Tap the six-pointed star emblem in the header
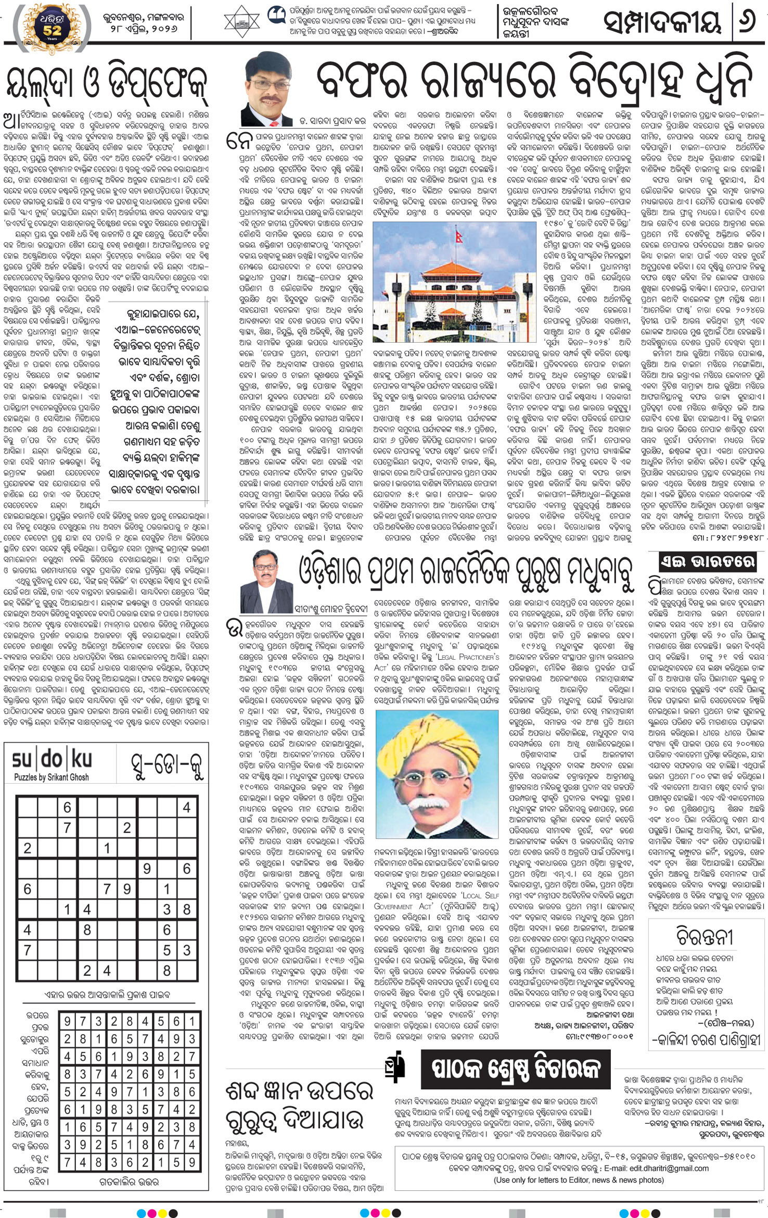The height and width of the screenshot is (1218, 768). pos(241,22)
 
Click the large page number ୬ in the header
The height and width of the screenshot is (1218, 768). pos(747,23)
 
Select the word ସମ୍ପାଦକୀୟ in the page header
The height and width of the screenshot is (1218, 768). pos(662,23)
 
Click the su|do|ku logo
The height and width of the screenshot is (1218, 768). pos(52,760)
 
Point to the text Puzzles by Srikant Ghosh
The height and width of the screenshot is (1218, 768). pos(52,777)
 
